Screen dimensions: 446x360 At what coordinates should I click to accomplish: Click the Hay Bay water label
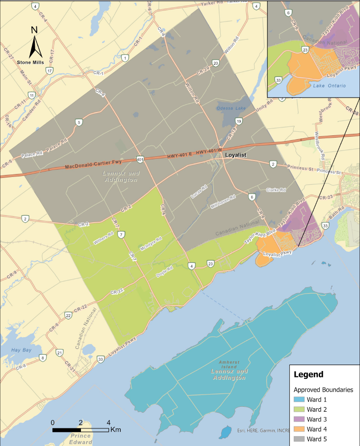[x=21, y=350]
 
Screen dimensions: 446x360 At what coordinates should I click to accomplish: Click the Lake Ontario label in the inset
[x=329, y=86]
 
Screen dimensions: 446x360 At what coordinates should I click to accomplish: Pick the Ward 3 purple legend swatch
[x=299, y=419]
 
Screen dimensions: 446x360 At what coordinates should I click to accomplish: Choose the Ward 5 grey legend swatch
[x=299, y=439]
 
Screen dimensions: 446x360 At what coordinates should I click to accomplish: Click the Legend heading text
[x=308, y=374]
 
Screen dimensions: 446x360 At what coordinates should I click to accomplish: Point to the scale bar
[x=80, y=430]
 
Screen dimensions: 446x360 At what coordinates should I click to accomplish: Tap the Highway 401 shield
[x=140, y=159]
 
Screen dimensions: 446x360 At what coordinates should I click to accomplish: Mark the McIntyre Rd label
[x=151, y=244]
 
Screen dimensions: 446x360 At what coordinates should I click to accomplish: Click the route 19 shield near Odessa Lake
[x=238, y=121]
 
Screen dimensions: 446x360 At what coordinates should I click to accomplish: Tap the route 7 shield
[x=121, y=235]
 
